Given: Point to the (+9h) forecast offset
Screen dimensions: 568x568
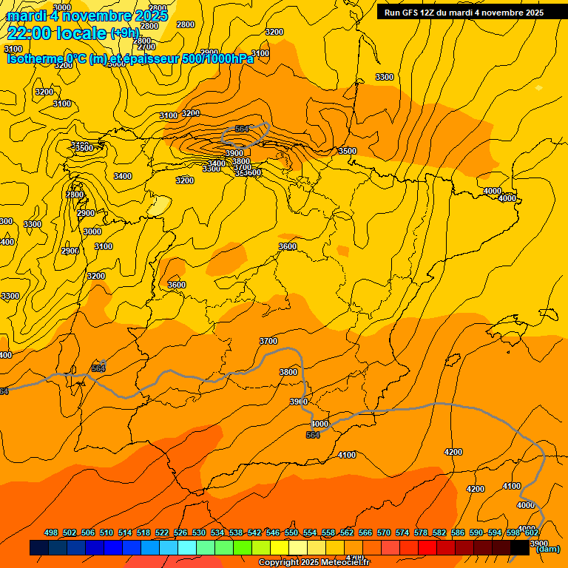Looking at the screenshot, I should pyautogui.click(x=124, y=33).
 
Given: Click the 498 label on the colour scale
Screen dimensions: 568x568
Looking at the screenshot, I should pyautogui.click(x=51, y=533).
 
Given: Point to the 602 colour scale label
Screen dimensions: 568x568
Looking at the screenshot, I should pyautogui.click(x=531, y=533).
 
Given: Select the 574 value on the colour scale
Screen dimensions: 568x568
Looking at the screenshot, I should pyautogui.click(x=402, y=533).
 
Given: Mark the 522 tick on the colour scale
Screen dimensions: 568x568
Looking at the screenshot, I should pyautogui.click(x=162, y=533).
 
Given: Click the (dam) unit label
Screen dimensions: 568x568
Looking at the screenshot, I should pyautogui.click(x=547, y=549).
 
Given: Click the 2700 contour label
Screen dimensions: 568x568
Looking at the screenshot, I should pyautogui.click(x=146, y=47).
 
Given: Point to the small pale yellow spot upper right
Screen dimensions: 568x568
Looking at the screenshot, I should pyautogui.click(x=538, y=88).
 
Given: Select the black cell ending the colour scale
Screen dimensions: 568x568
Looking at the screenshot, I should pyautogui.click(x=520, y=548).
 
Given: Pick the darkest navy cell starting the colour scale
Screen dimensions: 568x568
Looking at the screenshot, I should pyautogui.click(x=39, y=548).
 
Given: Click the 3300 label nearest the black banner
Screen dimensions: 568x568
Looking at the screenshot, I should pyautogui.click(x=385, y=77).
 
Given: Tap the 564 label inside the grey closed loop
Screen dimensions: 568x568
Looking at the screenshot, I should pyautogui.click(x=242, y=129).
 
